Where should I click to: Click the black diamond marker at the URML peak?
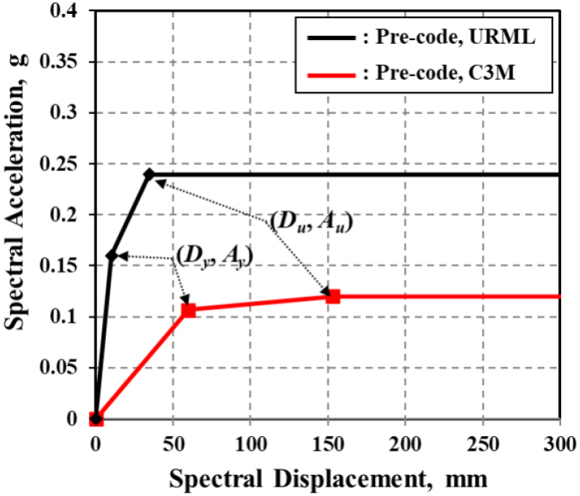[x=149, y=175]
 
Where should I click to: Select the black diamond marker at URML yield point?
[x=112, y=256]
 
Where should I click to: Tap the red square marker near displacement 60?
[x=188, y=310]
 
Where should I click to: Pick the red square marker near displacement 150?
[x=333, y=296]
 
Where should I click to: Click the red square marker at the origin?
[x=96, y=419]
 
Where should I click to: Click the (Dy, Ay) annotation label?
[x=214, y=257]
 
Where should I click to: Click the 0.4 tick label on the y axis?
[x=71, y=11]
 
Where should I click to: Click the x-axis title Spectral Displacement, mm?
[x=327, y=478]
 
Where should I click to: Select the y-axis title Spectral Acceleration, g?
[x=16, y=215]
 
